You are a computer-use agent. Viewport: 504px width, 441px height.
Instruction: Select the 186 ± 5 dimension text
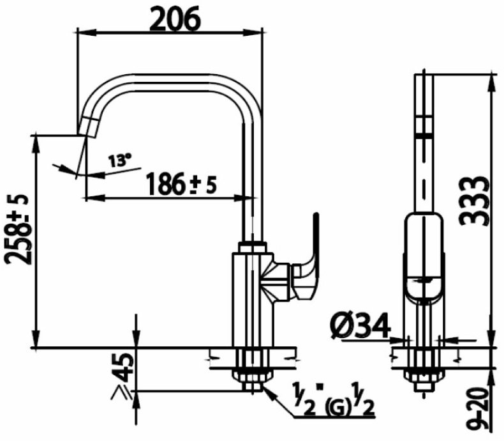(x=181, y=184)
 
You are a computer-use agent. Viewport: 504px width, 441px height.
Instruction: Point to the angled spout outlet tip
(x=87, y=127)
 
